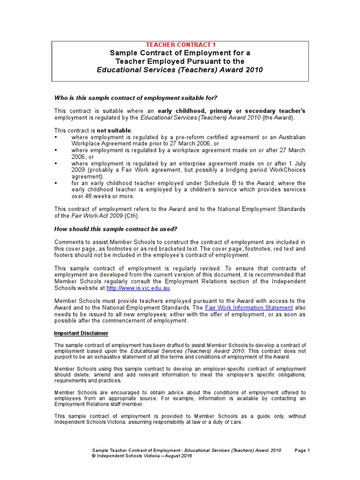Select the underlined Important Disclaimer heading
click(x=81, y=333)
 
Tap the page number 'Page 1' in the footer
click(x=302, y=450)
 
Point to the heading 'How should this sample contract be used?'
click(x=116, y=229)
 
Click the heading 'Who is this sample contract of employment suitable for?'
click(x=136, y=97)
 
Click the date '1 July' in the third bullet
click(x=295, y=163)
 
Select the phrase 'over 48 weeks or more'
click(x=103, y=196)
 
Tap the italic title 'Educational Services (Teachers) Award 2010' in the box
click(x=180, y=70)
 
